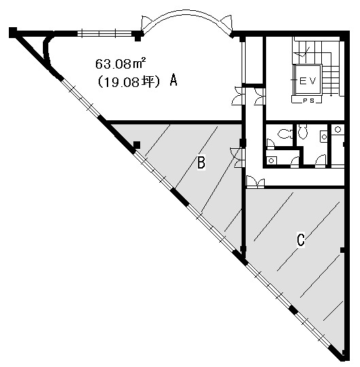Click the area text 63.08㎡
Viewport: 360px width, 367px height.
120,64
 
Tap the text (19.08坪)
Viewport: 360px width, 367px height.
129,82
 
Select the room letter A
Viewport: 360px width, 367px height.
174,80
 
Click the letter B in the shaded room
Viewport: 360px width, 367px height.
201,162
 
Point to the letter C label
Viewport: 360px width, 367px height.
301,239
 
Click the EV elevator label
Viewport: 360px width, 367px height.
308,81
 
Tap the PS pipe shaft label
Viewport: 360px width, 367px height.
309,101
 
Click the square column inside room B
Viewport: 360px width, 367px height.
137,145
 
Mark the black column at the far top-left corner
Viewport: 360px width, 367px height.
13,33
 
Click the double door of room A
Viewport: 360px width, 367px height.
238,96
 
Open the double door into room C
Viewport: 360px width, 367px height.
255,183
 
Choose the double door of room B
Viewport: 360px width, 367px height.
238,158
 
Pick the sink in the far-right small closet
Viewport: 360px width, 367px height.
338,129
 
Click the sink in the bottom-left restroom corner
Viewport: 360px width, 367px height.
272,161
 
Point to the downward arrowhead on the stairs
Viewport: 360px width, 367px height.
331,94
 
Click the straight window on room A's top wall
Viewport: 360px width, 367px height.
104,33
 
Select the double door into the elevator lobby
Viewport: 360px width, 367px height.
260,97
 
